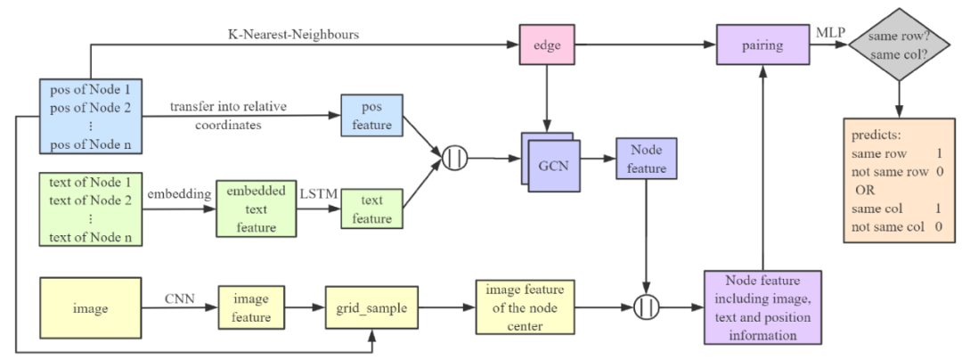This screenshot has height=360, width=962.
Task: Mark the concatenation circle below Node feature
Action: [x=647, y=307]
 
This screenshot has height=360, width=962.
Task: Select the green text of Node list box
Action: [x=90, y=210]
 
